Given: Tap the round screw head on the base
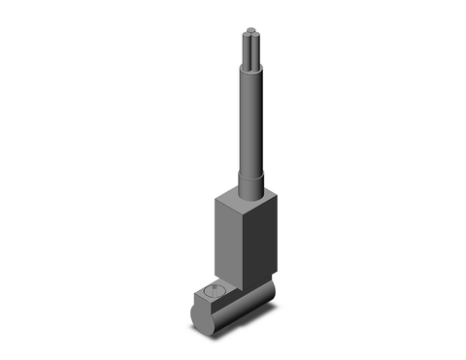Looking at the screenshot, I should coord(214,289).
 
